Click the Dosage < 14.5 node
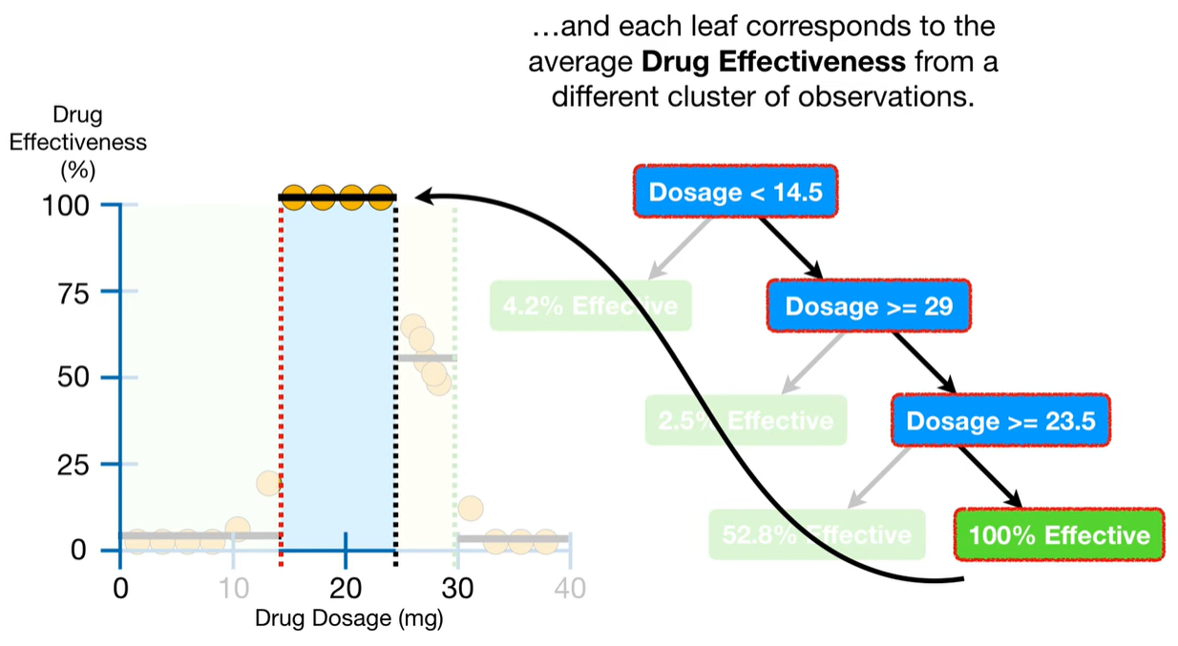point(735,192)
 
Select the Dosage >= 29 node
point(868,306)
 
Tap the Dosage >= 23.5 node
point(1000,421)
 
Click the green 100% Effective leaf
point(1059,534)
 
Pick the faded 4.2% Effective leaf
point(590,306)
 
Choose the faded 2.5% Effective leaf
point(746,421)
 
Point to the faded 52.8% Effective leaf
point(817,534)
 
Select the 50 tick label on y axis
point(74,378)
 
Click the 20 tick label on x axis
point(346,586)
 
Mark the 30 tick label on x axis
point(458,586)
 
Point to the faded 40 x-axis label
point(570,586)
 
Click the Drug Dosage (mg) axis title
point(348,617)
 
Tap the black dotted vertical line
point(395,382)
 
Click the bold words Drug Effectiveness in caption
point(774,62)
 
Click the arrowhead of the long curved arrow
point(422,198)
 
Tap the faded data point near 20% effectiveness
point(270,483)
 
